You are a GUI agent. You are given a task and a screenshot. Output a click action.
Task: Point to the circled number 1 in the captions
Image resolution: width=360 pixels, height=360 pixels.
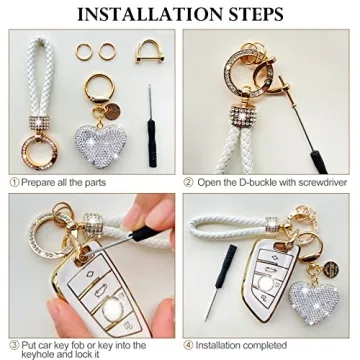(15, 183)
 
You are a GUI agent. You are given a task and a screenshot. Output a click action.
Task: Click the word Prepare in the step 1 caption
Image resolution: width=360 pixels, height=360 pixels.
(40, 183)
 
